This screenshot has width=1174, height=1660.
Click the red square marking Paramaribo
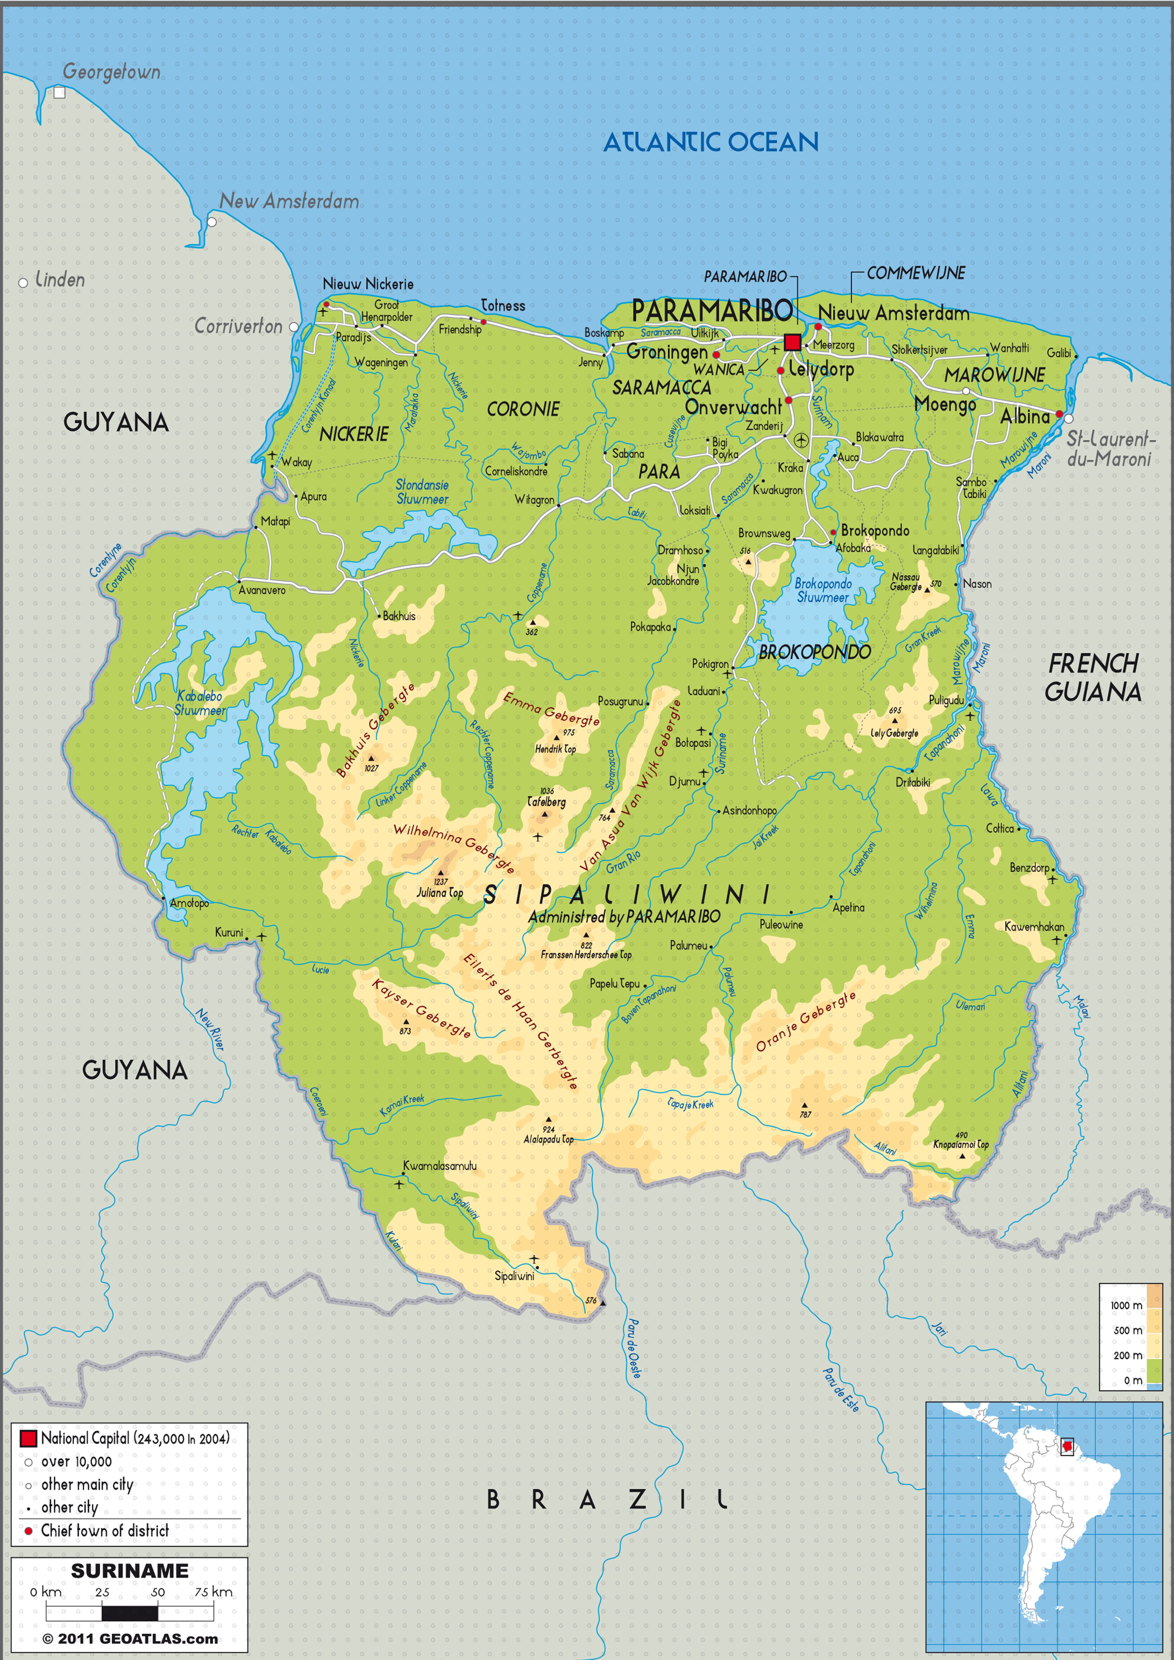tap(792, 342)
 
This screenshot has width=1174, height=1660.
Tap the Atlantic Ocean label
tap(711, 143)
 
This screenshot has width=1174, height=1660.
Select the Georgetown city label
tap(111, 72)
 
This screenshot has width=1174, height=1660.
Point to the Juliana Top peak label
tap(440, 893)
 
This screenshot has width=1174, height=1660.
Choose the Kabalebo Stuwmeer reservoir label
tap(200, 703)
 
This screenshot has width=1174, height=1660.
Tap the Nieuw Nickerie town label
tap(368, 284)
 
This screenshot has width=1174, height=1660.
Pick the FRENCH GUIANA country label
tap(1093, 678)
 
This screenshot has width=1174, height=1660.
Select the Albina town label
tap(1024, 417)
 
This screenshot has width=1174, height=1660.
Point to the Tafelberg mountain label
tap(546, 802)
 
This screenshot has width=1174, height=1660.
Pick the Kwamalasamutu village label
tap(440, 1166)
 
